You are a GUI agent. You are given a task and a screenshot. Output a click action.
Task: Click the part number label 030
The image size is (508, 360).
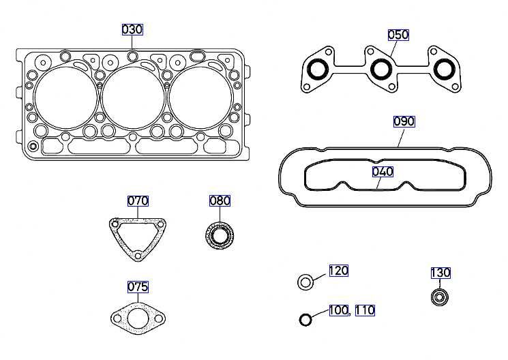132,29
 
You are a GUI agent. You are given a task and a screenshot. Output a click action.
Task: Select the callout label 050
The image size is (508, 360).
398,35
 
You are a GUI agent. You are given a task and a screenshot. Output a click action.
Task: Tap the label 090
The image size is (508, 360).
404,121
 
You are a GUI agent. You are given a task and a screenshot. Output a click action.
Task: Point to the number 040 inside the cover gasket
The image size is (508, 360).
383,172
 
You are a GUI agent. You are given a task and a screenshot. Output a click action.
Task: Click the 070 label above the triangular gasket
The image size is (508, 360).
138,201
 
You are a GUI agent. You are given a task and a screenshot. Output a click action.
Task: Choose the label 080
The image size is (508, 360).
220,201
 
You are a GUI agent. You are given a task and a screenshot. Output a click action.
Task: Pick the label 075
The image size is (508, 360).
138,287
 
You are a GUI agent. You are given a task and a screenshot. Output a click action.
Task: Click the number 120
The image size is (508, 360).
339,271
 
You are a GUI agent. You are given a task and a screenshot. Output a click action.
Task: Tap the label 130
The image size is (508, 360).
440,273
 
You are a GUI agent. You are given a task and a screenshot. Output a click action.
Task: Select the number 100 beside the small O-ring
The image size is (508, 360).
339,310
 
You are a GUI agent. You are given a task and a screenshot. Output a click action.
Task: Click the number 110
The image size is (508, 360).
365,310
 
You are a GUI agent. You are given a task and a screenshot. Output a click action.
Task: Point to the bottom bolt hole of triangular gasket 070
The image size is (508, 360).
138,256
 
